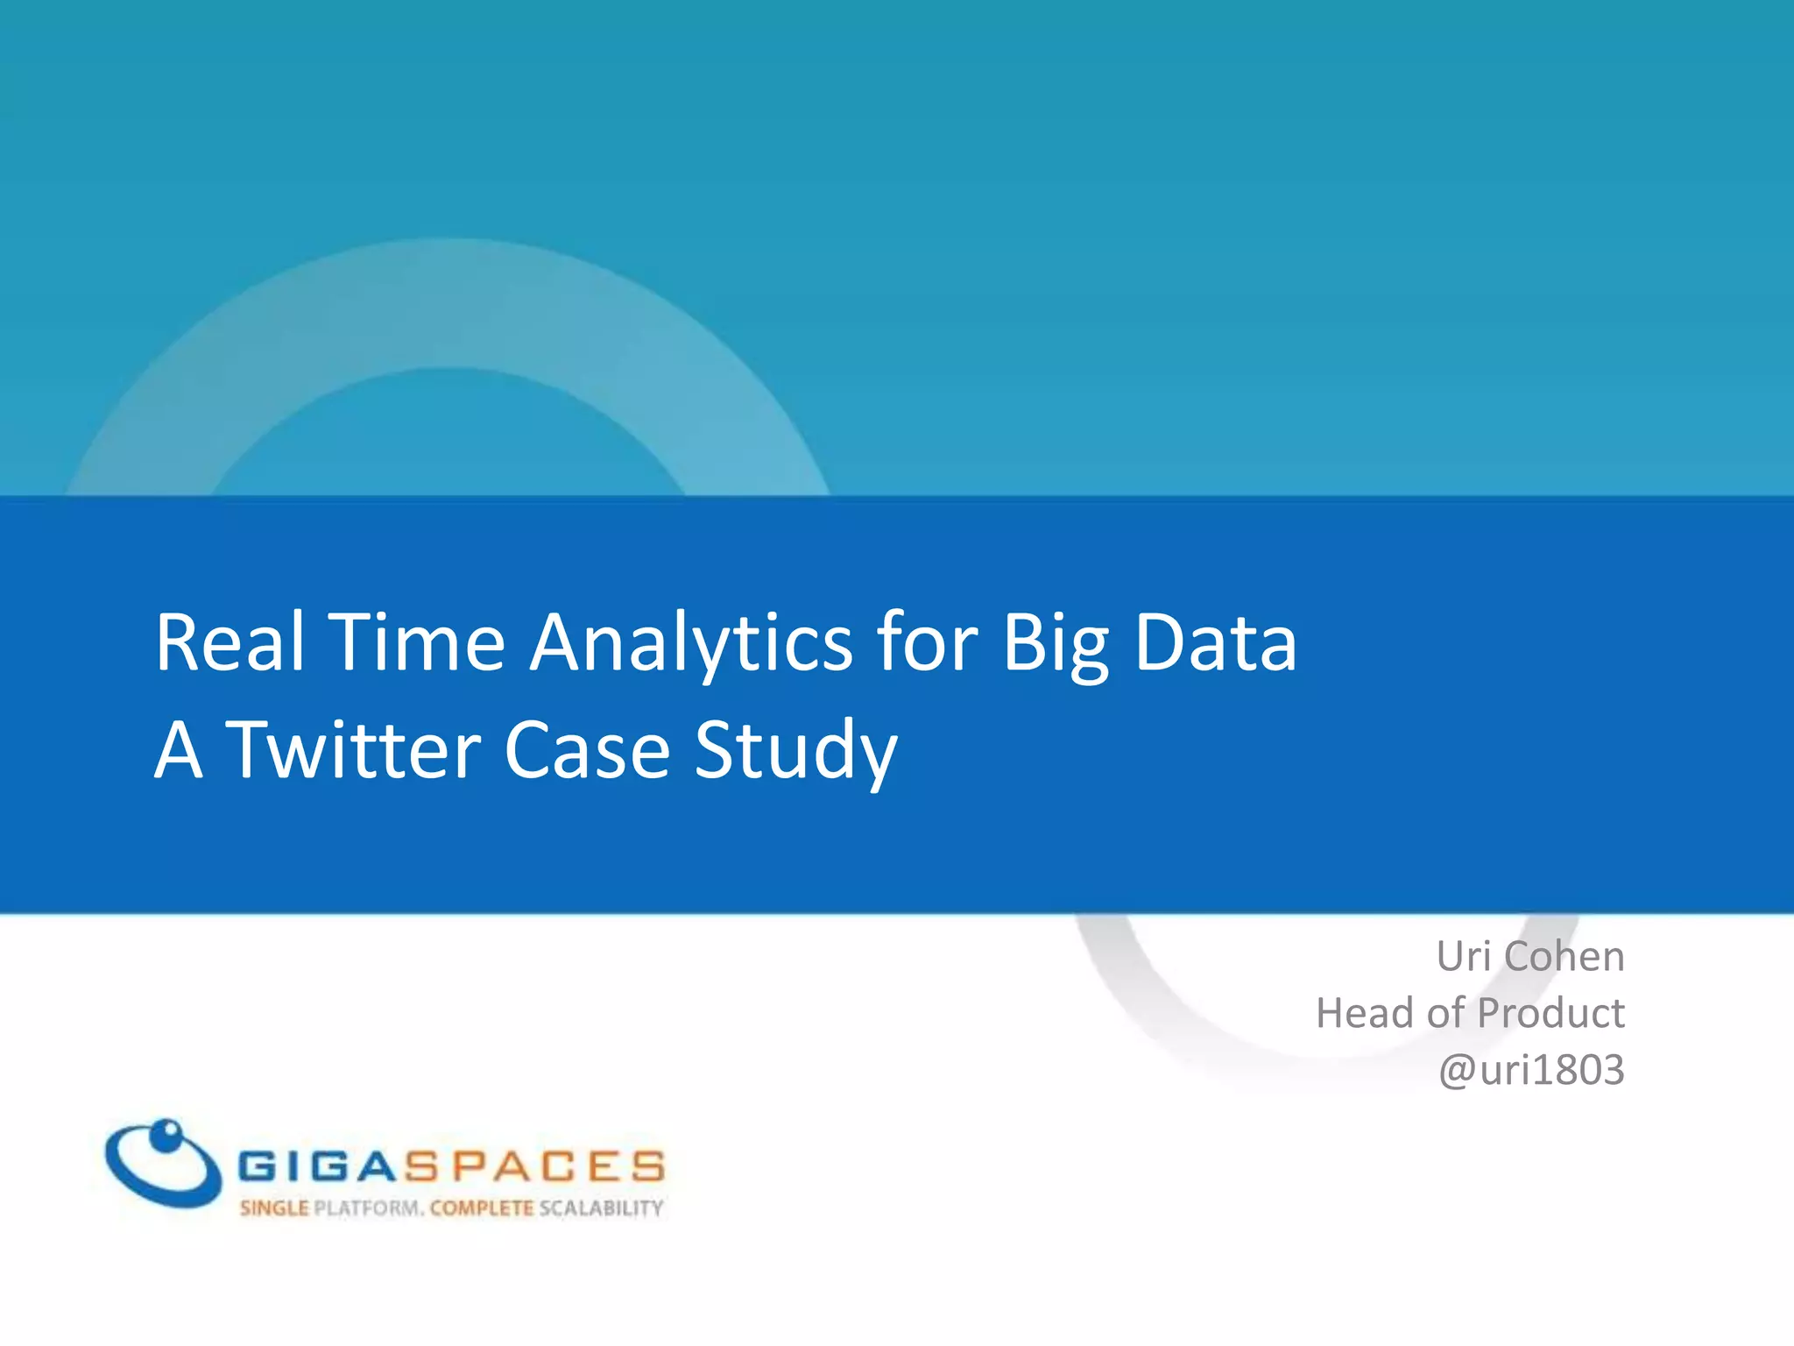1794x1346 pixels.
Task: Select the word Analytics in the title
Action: click(691, 644)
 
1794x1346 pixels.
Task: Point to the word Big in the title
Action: click(1055, 644)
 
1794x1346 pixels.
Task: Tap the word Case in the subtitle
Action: click(588, 750)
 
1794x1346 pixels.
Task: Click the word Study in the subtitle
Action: click(795, 752)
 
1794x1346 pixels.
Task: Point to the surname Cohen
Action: click(1564, 956)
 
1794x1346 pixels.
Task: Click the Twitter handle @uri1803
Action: click(1531, 1070)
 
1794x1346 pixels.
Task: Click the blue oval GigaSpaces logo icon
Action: click(162, 1163)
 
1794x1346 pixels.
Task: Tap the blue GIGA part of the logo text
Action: click(319, 1166)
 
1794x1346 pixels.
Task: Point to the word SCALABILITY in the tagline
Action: click(601, 1208)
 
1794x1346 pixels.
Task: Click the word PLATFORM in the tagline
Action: click(368, 1208)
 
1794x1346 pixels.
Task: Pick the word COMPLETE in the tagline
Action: click(482, 1208)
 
